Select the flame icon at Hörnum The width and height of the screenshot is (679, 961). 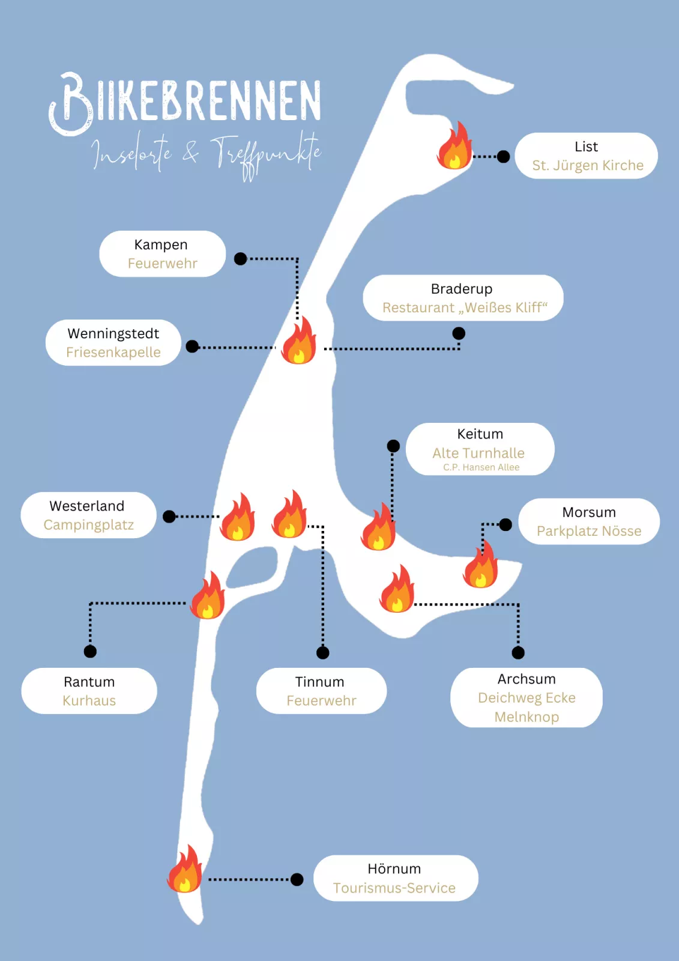tap(185, 870)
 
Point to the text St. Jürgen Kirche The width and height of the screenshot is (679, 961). tap(587, 166)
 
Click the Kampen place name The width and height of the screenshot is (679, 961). tap(161, 245)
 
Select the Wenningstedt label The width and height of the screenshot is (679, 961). tap(113, 334)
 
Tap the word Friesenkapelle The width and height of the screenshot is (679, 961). tap(113, 353)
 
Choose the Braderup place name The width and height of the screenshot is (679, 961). tap(461, 289)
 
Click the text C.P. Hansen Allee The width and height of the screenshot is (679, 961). tap(481, 467)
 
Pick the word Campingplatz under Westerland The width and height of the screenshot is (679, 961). tap(88, 525)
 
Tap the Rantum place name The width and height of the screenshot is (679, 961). tap(89, 682)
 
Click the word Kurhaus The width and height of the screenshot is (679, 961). tap(89, 701)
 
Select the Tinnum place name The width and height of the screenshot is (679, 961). tap(319, 682)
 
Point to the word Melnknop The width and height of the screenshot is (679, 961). tap(527, 717)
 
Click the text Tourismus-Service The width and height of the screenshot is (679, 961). tap(394, 888)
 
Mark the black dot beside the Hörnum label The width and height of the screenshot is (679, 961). tap(297, 880)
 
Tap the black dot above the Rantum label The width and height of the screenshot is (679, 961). tap(90, 652)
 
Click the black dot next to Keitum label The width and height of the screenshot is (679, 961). tap(393, 446)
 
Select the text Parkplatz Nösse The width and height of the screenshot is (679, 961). tap(588, 532)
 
